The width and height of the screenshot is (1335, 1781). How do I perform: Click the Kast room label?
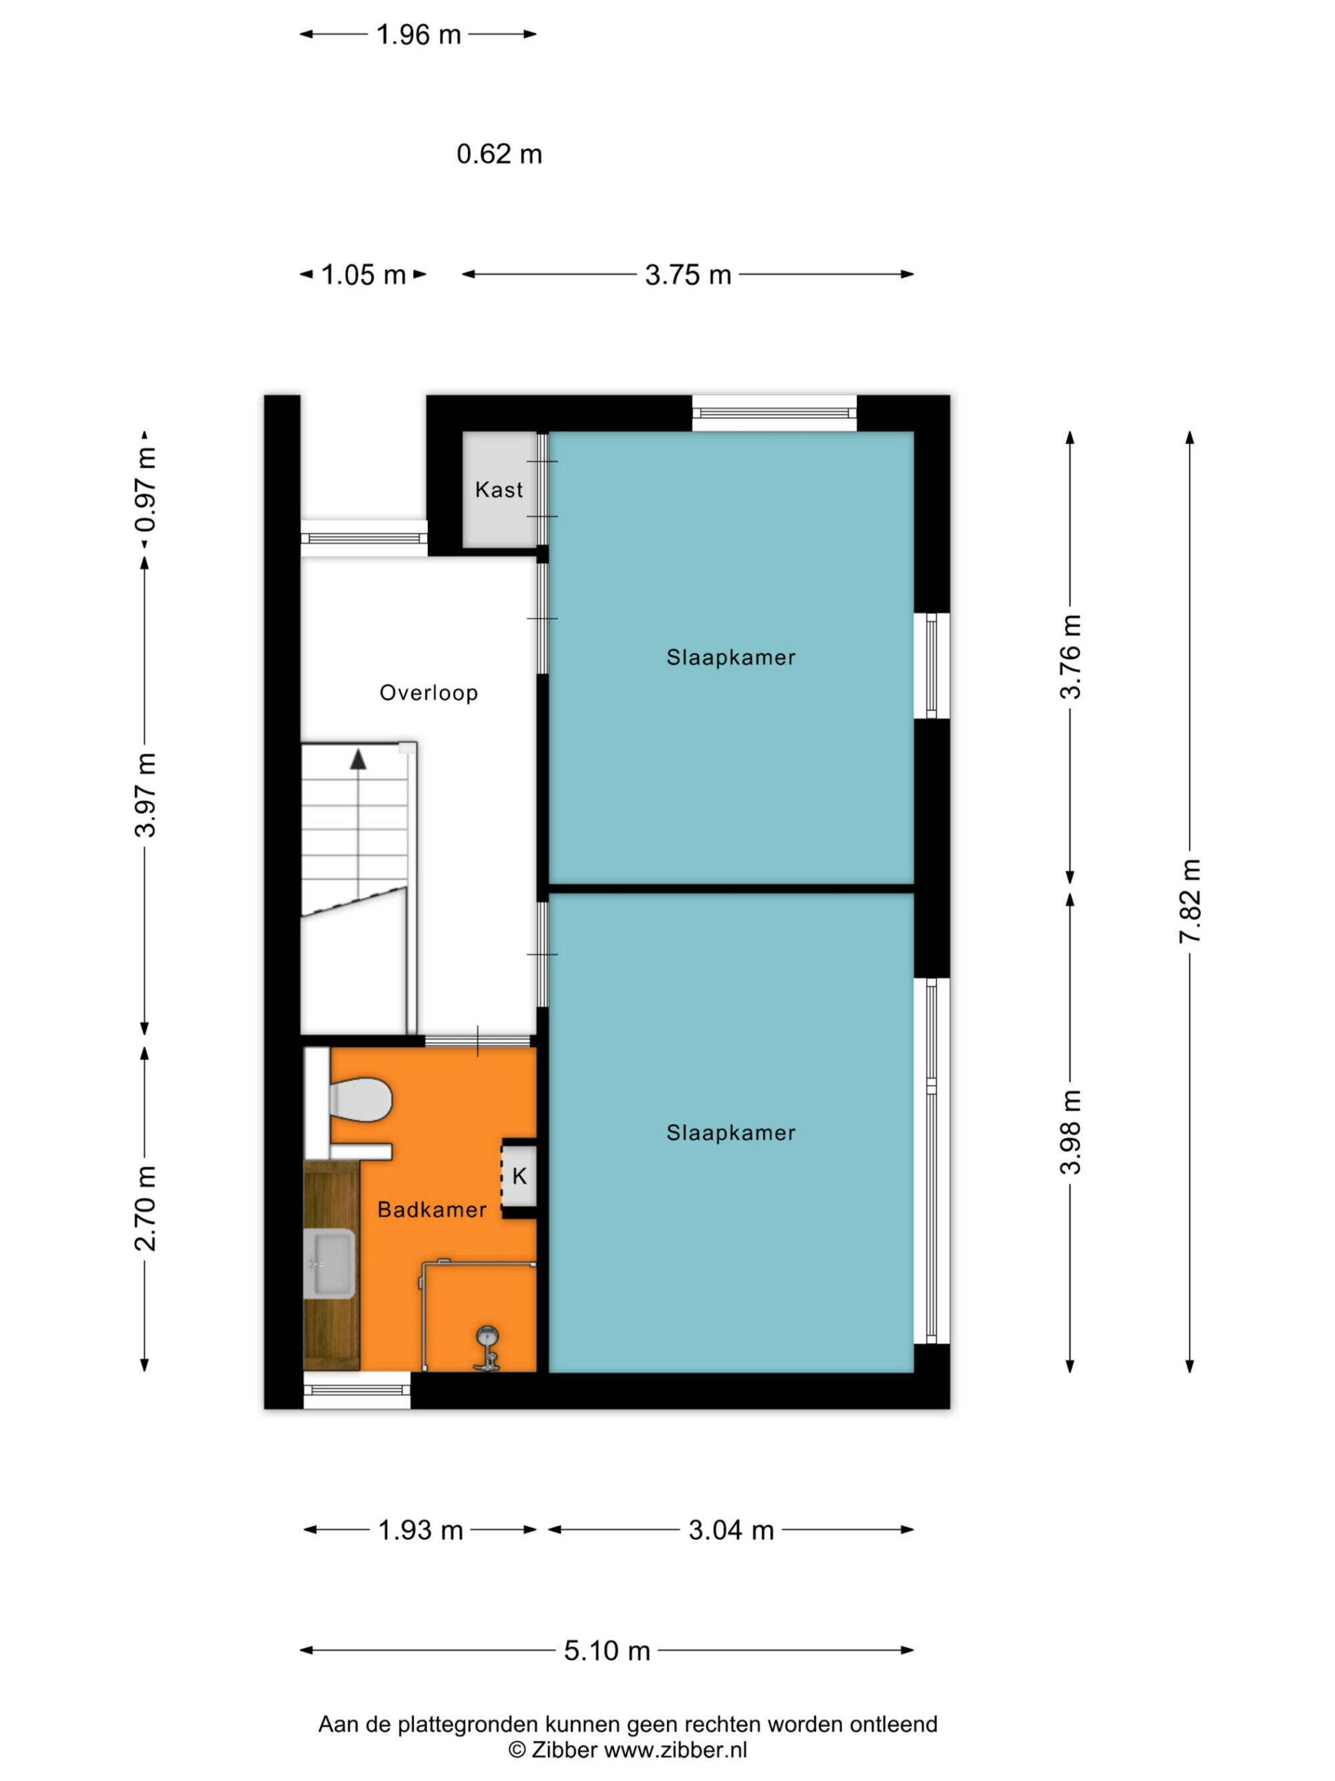point(498,489)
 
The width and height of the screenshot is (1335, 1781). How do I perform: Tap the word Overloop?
point(429,692)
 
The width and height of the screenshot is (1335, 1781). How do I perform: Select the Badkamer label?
point(432,1209)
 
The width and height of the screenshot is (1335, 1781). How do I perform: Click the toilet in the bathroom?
point(360,1099)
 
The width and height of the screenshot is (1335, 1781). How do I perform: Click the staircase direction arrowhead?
point(358,759)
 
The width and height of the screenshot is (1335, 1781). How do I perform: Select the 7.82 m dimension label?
point(1189,901)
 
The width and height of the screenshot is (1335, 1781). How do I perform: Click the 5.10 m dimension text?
point(607,1651)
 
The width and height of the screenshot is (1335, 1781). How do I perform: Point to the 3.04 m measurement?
point(731,1530)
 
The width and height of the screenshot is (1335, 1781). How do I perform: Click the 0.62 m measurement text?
point(499,154)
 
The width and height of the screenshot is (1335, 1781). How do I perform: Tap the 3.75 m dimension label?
point(688,274)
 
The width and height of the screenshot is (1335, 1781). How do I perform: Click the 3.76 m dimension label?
point(1070,656)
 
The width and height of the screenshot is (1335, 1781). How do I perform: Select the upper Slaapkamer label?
point(731,657)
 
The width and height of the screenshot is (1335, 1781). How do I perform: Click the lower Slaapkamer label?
point(731,1133)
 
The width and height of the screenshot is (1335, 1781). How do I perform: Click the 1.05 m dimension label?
point(363,274)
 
